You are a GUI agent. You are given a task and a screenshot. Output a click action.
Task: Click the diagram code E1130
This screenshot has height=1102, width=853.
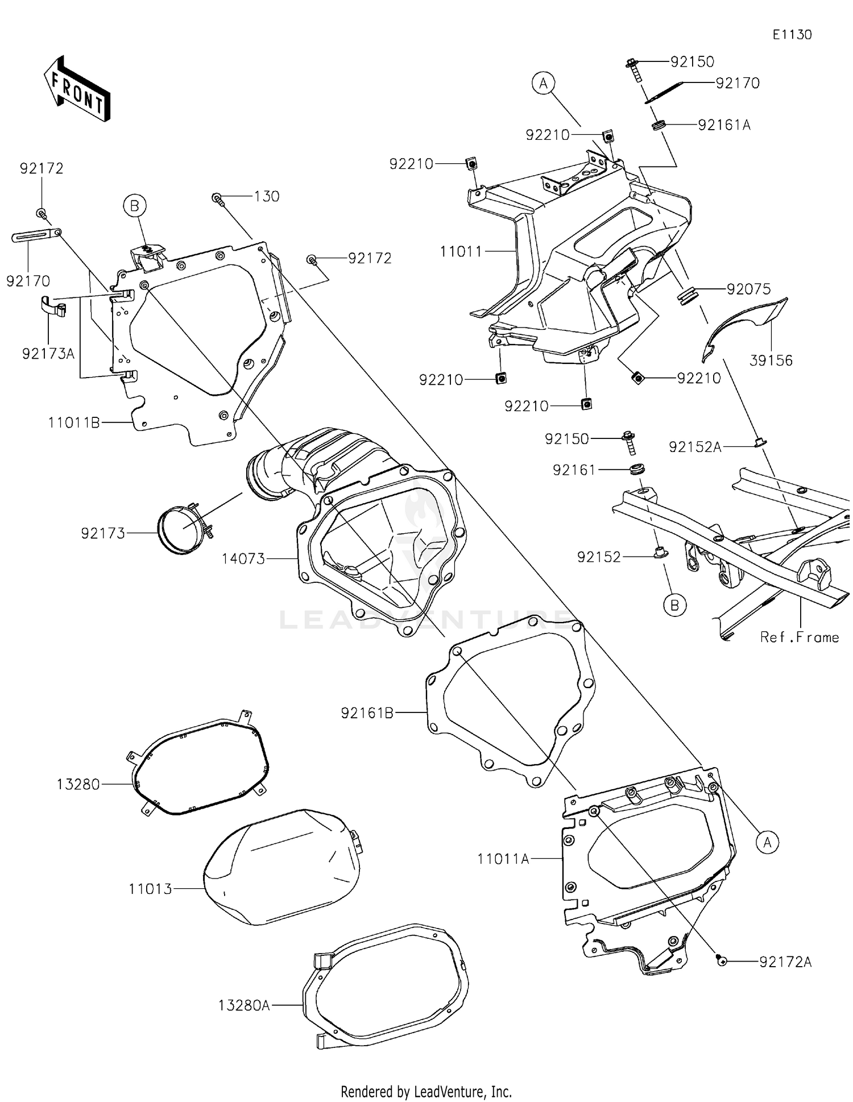click(x=792, y=35)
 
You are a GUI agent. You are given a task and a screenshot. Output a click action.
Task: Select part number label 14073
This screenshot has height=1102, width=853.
click(x=243, y=559)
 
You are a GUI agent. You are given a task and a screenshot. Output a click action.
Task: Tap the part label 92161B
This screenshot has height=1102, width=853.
click(x=367, y=712)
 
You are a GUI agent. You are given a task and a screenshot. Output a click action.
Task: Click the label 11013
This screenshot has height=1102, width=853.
click(x=150, y=889)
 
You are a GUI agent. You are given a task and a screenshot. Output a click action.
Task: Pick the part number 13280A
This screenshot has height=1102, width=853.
click(x=244, y=1005)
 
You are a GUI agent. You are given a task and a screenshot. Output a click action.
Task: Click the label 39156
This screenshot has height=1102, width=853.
click(x=771, y=361)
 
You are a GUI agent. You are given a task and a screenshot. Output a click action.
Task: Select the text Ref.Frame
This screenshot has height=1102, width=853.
click(x=799, y=637)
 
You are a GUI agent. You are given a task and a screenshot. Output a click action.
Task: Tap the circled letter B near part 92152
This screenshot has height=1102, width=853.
click(x=674, y=606)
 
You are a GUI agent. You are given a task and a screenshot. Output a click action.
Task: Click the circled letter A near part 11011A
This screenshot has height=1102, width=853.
click(x=768, y=842)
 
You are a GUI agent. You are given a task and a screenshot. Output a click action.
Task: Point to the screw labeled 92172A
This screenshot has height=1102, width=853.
click(x=722, y=960)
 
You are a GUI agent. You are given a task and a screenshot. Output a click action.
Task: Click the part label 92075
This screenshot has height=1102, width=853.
click(x=748, y=289)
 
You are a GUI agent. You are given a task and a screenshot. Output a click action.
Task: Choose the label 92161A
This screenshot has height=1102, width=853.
click(x=724, y=125)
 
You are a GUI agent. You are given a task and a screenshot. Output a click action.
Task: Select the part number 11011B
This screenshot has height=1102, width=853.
click(x=74, y=422)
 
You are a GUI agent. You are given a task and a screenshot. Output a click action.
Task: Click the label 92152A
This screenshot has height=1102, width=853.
click(x=694, y=447)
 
